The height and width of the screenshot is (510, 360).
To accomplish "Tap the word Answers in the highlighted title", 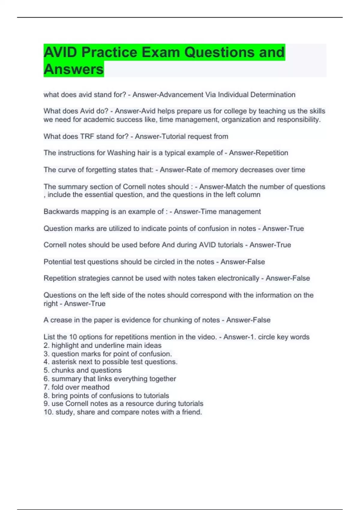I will pos(73,69).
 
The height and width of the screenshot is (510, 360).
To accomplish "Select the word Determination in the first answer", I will pos(273,95).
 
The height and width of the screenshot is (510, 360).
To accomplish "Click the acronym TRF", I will pos(87,136).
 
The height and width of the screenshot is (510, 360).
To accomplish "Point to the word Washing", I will pos(121,153).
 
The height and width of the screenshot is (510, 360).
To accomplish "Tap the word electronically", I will pos(238,278).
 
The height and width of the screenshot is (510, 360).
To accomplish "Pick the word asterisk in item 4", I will pos(63,362).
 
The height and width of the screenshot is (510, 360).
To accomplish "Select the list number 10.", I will pos(48,412).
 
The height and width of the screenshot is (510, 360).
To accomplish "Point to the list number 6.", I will pos(46,379).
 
